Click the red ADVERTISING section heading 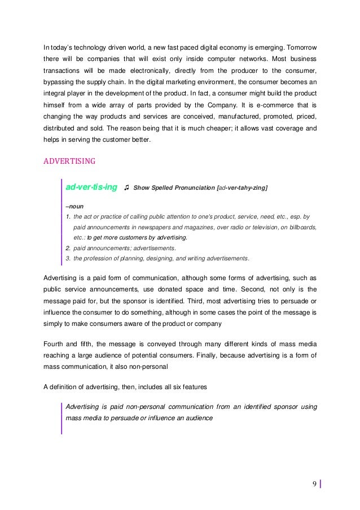pyautogui.click(x=69, y=159)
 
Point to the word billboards pyautogui.click(x=300, y=227)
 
